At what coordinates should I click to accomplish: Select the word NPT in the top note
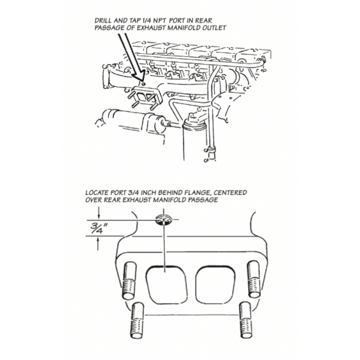[158, 20]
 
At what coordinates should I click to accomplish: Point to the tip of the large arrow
[141, 82]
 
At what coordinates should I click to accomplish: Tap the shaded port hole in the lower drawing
[164, 220]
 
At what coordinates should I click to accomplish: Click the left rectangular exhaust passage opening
[166, 284]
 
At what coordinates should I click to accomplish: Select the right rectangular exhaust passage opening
[215, 284]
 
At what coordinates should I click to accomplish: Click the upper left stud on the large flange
[130, 281]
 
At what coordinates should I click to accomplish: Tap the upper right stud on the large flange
[254, 279]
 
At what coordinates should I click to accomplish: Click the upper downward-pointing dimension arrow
[99, 213]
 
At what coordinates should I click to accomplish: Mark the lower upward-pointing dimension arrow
[98, 243]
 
